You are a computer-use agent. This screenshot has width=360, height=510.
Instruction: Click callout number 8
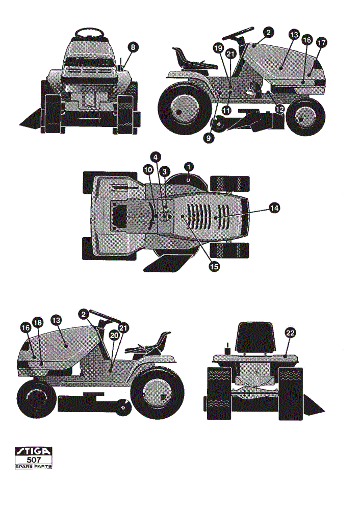133,47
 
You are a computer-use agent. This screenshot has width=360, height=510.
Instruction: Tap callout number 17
322,43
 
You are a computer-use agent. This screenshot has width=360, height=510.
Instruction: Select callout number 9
208,138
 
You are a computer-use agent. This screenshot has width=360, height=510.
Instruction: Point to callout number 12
279,109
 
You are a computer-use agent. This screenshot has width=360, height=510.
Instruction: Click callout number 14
274,208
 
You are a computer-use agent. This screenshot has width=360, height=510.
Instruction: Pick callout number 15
214,267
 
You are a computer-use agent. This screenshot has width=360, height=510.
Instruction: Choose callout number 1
189,167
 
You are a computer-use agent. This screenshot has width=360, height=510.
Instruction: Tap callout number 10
148,170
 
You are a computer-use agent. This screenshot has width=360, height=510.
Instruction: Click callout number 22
290,333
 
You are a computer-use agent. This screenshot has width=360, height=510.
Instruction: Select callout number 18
38,323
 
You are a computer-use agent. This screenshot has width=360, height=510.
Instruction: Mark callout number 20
114,336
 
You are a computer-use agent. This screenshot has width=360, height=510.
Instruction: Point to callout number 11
227,111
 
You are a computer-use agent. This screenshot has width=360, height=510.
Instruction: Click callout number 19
218,48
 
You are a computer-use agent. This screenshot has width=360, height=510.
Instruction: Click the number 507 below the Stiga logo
34,460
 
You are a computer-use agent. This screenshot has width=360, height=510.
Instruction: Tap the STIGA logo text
34,451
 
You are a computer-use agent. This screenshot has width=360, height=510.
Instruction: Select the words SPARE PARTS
34,467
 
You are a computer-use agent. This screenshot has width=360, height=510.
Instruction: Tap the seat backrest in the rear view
257,337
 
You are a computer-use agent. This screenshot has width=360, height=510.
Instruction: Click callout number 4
156,157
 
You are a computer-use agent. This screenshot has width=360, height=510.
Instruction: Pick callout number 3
165,171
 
